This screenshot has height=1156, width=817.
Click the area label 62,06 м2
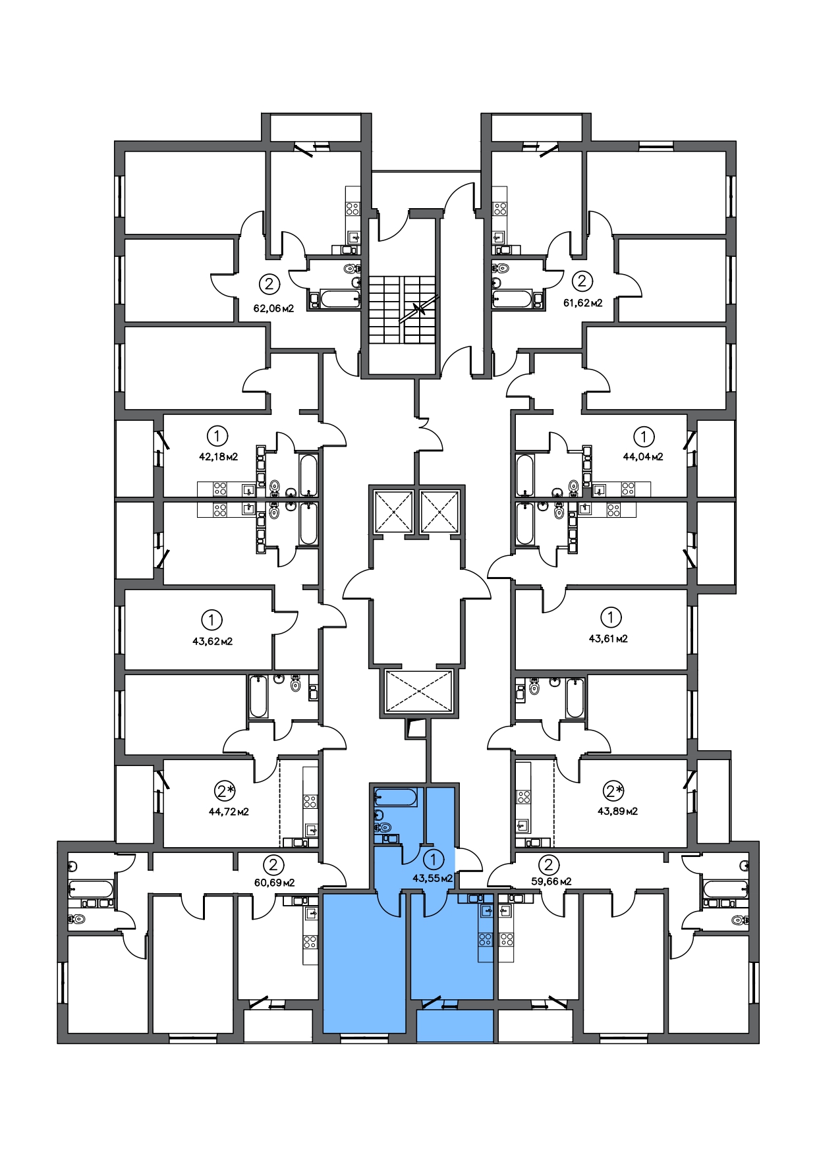point(273,308)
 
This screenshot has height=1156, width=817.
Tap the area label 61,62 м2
point(582,303)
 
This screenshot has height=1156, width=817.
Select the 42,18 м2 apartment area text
point(218,456)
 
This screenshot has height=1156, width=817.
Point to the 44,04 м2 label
point(643,456)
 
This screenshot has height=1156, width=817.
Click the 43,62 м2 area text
point(212,641)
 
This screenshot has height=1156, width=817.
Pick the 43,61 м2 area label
point(608,638)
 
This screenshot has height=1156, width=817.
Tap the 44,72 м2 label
point(229,812)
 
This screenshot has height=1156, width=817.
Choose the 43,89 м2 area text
point(617,811)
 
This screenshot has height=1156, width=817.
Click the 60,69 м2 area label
point(274,882)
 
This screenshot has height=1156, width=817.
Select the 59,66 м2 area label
point(551,881)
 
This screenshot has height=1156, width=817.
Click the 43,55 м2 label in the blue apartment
point(432,878)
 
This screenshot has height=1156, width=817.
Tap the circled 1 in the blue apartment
point(433,860)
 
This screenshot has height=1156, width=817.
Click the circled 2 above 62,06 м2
point(269,284)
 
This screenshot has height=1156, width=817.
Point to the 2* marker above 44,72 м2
point(225,790)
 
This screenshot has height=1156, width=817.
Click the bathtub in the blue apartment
point(395,798)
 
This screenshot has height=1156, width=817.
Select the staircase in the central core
point(402,309)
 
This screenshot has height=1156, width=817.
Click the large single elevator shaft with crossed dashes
point(418,691)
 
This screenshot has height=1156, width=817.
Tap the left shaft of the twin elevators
point(393,511)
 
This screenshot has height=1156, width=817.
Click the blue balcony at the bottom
point(455,1026)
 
